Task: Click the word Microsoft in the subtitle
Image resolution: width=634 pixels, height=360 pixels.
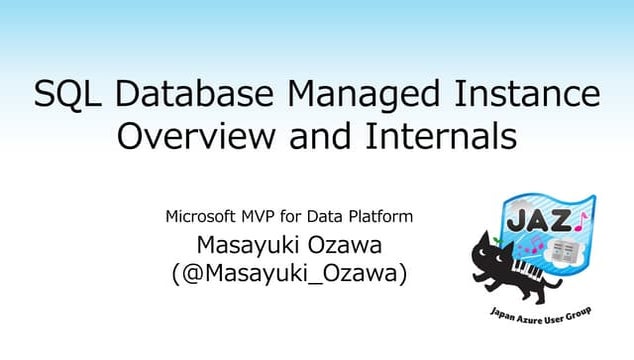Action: [x=204, y=215]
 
